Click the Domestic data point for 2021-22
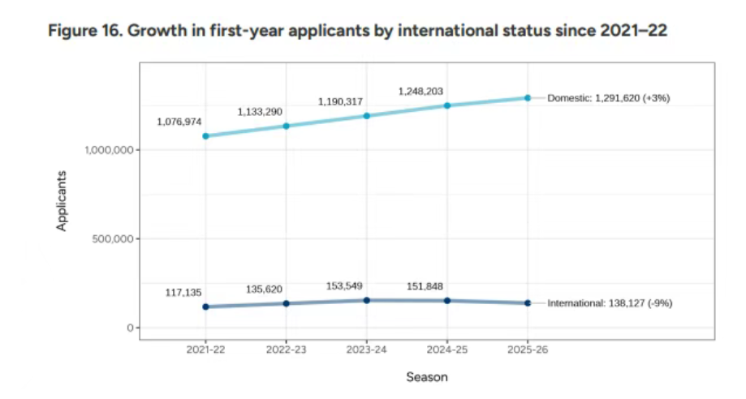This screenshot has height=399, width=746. click(x=205, y=136)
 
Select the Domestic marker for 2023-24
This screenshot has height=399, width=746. click(x=367, y=116)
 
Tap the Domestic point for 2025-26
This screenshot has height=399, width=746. click(x=528, y=98)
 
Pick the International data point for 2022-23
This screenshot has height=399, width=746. click(x=286, y=303)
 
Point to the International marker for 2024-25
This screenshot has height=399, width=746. click(x=447, y=301)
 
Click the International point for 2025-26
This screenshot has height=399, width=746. click(x=528, y=303)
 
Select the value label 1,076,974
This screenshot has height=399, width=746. click(x=179, y=122)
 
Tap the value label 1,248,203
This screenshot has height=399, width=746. click(x=420, y=92)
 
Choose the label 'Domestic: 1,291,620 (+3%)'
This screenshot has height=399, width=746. click(x=609, y=98)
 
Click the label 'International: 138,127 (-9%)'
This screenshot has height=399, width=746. click(x=610, y=303)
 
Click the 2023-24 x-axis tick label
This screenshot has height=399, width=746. click(x=367, y=350)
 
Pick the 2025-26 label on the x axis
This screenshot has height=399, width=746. click(x=528, y=350)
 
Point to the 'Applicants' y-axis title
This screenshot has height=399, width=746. click(x=62, y=200)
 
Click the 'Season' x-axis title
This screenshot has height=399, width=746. click(x=427, y=377)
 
